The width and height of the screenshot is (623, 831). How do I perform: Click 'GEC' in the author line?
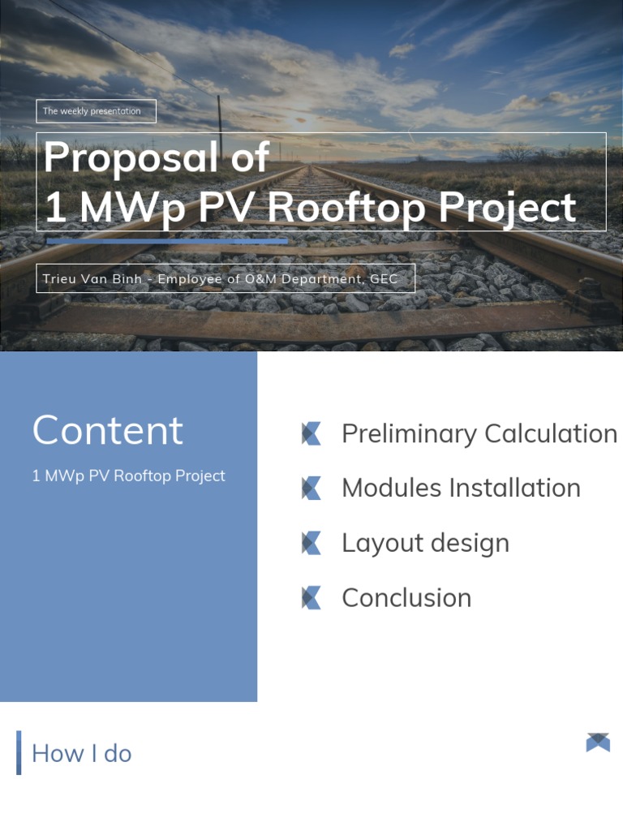pyautogui.click(x=384, y=279)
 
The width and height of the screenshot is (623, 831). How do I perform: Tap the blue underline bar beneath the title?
pyautogui.click(x=166, y=241)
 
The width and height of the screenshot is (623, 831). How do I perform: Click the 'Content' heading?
pyautogui.click(x=107, y=430)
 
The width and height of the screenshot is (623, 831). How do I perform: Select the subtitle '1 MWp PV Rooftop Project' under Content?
pyautogui.click(x=128, y=476)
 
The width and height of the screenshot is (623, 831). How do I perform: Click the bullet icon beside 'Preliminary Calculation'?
pyautogui.click(x=311, y=434)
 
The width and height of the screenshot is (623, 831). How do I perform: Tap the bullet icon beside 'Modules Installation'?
pyautogui.click(x=311, y=489)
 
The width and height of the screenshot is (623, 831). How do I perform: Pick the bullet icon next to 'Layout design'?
pyautogui.click(x=311, y=543)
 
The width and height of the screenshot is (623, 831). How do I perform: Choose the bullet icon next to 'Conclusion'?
pyautogui.click(x=311, y=598)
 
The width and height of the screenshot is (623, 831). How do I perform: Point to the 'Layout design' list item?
pyautogui.click(x=425, y=543)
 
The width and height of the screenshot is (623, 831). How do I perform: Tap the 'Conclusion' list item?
pyautogui.click(x=406, y=598)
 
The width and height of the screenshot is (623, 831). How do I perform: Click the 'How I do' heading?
pyautogui.click(x=81, y=753)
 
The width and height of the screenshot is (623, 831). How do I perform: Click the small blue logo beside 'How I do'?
pyautogui.click(x=598, y=743)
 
